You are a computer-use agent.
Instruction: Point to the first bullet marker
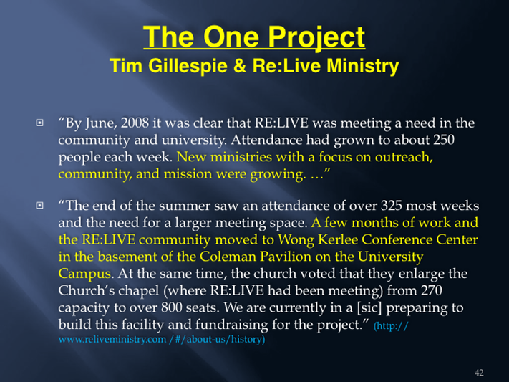point(39,123)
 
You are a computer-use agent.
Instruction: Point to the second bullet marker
point(39,206)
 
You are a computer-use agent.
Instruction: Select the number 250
point(443,140)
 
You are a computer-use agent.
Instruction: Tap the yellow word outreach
point(404,157)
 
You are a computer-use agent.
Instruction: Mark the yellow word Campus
point(85,274)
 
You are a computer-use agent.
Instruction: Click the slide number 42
point(479,373)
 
